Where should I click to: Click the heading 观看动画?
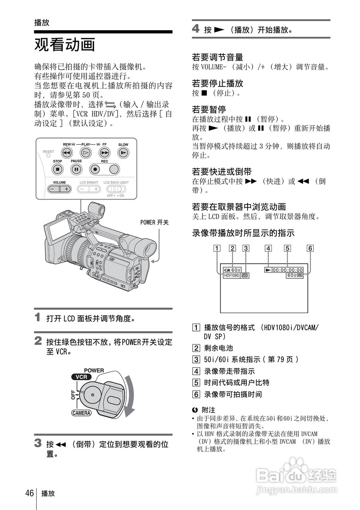65,45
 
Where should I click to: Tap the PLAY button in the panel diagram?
86,153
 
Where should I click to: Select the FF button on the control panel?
104,153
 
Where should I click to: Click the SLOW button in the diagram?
123,153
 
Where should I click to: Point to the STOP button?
57,169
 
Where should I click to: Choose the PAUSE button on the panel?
76,169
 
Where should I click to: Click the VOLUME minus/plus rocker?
59,189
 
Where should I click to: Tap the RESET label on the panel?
48,152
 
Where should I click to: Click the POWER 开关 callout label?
154,222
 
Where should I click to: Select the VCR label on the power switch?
81,377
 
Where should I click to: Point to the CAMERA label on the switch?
82,413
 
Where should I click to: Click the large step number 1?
38,318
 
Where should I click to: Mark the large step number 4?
196,29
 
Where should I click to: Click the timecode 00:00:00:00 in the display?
287,270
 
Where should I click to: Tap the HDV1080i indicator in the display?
232,275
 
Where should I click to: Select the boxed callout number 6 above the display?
310,248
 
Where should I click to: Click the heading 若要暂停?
209,109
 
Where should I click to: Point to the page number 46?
29,493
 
